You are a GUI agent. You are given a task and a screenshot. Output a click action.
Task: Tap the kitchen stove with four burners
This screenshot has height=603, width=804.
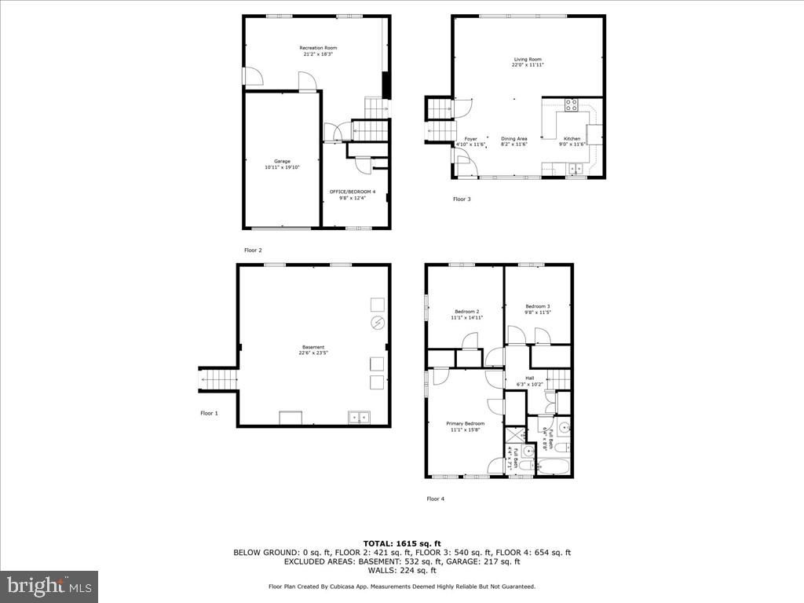coord(572,104)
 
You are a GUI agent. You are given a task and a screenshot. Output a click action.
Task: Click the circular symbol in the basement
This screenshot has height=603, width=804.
coord(377,323)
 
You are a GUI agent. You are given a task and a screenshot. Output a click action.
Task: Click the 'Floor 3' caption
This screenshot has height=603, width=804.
coord(462,199)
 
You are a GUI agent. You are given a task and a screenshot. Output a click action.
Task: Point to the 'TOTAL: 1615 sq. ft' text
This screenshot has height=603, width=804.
coord(401,543)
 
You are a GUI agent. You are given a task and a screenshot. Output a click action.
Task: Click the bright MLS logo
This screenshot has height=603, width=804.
coord(49,586)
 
